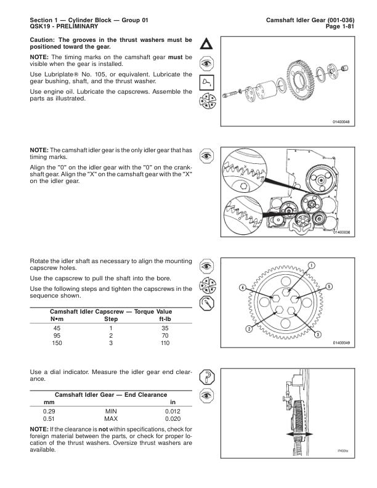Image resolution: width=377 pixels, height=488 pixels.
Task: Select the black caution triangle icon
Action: (x=207, y=45)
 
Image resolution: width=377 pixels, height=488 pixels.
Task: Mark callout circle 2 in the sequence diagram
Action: (x=248, y=329)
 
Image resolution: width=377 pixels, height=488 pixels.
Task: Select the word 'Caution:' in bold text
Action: (x=46, y=39)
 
